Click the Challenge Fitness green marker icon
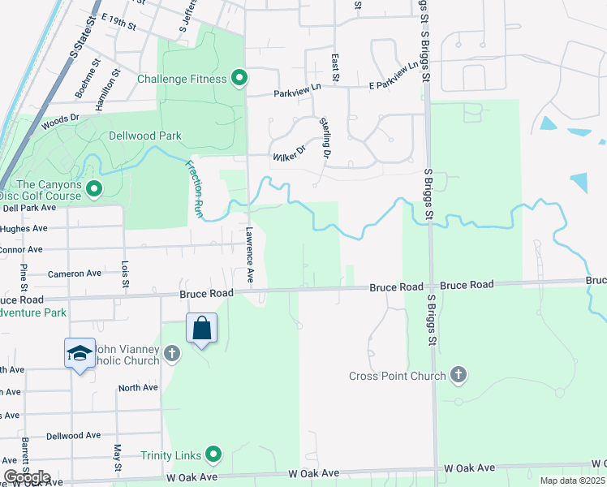(239, 79)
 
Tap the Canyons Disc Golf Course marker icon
(94, 190)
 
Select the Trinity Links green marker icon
(213, 455)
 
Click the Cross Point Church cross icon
(458, 375)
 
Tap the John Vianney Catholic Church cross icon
(171, 353)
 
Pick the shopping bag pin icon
(202, 329)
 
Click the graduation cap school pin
(80, 354)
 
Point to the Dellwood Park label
(148, 136)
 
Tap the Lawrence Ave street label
(249, 256)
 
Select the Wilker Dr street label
(289, 150)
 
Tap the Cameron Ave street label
(75, 274)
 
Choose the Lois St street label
(125, 274)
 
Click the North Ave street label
(138, 388)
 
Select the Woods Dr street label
(61, 119)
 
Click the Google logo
(28, 476)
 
